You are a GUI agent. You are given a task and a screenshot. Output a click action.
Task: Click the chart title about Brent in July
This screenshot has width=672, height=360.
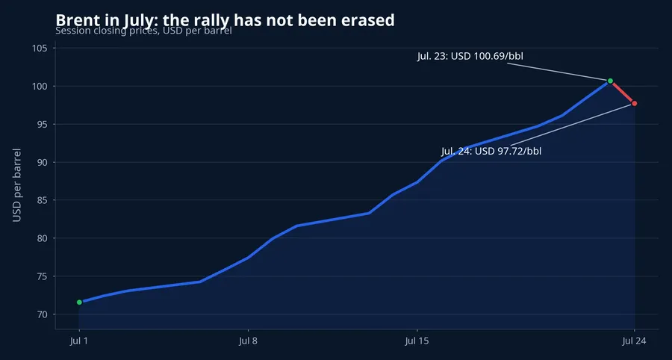[x=225, y=20]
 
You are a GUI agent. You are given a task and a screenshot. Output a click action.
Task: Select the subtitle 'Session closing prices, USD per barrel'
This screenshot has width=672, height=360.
[x=144, y=31]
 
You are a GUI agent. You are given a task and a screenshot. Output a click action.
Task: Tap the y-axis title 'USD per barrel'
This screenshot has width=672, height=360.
[x=16, y=185]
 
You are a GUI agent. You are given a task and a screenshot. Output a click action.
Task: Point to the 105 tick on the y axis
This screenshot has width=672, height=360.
[x=40, y=48]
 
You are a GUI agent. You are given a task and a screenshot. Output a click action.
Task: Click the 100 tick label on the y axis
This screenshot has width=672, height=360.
[x=40, y=87]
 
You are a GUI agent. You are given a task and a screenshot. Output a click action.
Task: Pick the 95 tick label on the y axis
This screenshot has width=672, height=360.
[x=42, y=124]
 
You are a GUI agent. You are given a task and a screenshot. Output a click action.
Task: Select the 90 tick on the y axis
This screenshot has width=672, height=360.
[x=42, y=162]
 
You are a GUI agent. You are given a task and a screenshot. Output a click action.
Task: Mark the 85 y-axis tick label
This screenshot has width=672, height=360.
[x=42, y=200]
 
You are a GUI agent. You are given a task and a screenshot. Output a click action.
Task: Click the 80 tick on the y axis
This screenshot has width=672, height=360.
[x=42, y=238]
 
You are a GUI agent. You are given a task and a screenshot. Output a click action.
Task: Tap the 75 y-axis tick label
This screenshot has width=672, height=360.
[x=42, y=276]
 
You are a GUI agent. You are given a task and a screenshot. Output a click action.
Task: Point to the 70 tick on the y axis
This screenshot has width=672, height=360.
[x=42, y=314]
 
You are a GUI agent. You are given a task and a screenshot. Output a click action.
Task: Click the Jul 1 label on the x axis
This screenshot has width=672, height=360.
[x=79, y=341]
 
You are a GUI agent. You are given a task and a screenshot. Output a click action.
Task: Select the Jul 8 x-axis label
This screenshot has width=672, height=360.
[x=248, y=341]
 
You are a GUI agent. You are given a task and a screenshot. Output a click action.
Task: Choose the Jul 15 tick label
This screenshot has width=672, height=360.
[x=417, y=341]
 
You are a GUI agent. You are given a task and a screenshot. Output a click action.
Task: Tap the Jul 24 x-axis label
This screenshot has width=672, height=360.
[x=634, y=341]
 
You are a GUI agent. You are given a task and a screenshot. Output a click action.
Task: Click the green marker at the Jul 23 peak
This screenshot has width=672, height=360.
[x=610, y=81]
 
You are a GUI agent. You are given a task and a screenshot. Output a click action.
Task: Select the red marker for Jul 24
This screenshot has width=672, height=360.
[x=634, y=103]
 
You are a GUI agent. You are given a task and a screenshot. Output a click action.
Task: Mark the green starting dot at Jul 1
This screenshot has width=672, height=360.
[x=79, y=302]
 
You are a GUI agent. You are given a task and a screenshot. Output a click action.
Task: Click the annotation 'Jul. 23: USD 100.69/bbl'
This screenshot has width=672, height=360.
[x=470, y=56]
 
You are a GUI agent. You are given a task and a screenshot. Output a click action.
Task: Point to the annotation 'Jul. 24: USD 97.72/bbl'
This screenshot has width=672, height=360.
[x=491, y=152]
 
